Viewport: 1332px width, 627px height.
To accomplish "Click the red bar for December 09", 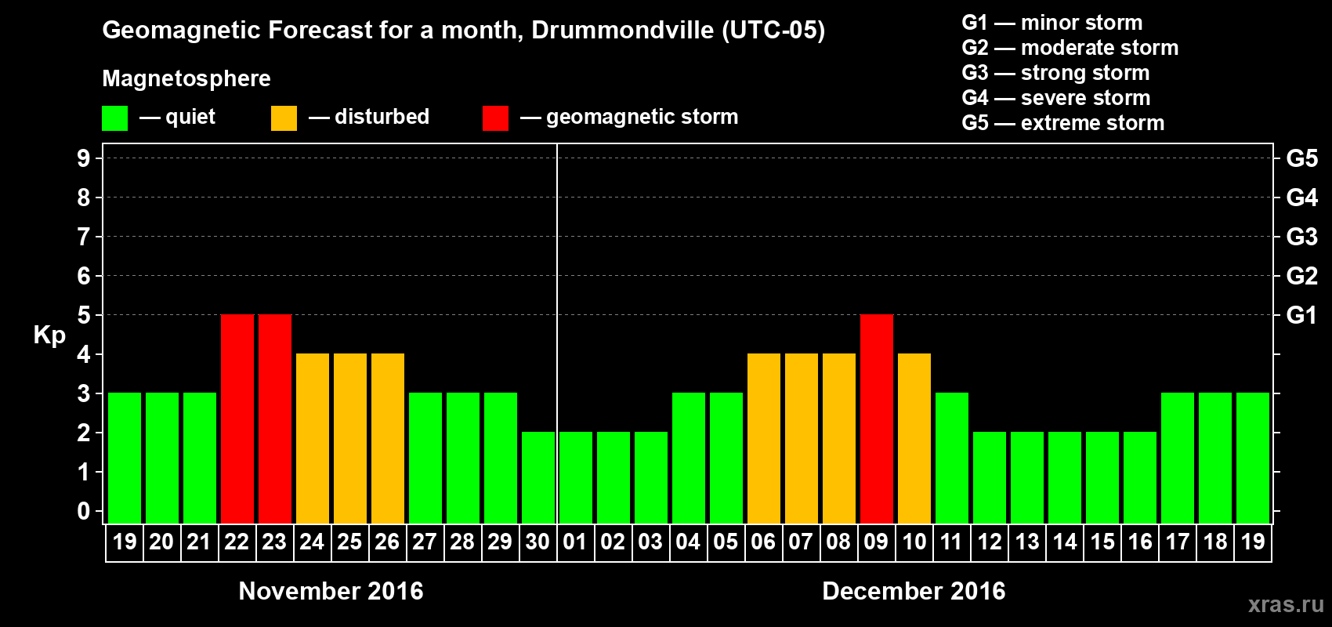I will tap(876, 419).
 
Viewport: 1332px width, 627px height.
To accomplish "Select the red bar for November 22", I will tap(237, 419).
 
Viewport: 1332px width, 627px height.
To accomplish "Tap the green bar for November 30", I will tap(538, 477).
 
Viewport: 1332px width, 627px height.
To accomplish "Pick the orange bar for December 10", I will tap(914, 438).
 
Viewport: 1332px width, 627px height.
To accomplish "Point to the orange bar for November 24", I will tap(312, 438).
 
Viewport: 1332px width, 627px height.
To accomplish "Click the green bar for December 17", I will tap(1177, 458).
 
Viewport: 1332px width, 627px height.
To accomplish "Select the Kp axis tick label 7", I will tap(84, 237).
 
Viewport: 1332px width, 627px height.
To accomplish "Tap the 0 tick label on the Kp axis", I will tap(84, 512).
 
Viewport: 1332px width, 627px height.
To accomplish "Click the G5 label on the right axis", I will tap(1301, 158).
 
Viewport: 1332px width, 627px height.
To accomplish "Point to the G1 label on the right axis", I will tap(1301, 315).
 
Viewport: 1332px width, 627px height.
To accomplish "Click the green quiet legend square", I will tap(114, 118).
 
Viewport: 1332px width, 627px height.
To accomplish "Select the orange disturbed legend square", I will tap(284, 118).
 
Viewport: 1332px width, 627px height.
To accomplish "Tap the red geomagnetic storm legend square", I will tap(495, 118).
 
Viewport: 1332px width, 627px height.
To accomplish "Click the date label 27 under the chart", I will tap(425, 542).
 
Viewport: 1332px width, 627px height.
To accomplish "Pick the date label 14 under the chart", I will tap(1064, 542).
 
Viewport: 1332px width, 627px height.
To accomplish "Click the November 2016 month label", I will tap(331, 591).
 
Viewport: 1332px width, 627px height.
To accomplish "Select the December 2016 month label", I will tap(914, 591).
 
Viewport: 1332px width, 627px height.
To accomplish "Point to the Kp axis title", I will tap(49, 335).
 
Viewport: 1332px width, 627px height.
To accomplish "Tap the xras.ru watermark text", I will tap(1285, 604).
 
